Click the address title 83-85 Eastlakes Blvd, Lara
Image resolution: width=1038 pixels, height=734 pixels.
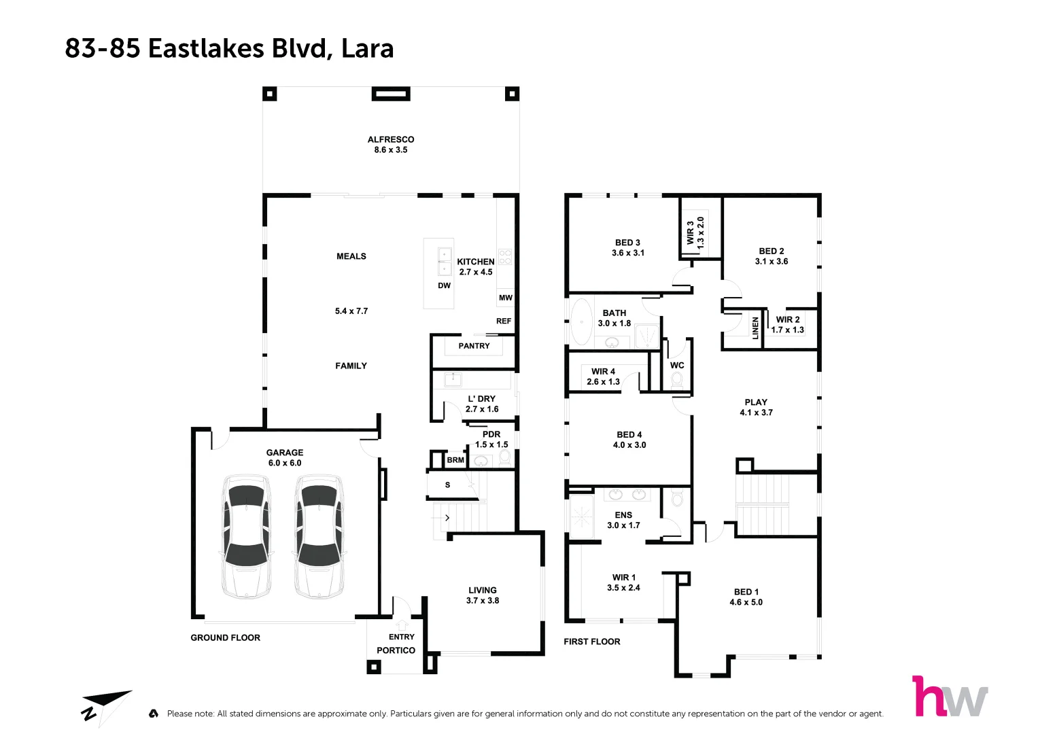[x=229, y=48]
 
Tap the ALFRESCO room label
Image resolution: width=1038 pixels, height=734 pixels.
[x=390, y=139]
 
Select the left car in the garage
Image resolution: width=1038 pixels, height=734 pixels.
[x=246, y=536]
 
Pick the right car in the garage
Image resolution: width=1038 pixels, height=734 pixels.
[x=318, y=536]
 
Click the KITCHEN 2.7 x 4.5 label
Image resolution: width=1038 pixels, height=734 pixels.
[x=475, y=266]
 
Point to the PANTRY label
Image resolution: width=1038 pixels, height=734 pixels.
[x=474, y=346]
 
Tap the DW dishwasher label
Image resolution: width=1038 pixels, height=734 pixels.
[x=444, y=285]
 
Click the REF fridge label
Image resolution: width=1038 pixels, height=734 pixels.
[x=503, y=321]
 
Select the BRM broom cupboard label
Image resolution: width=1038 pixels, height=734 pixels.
[x=455, y=460]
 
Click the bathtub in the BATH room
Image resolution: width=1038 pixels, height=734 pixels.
[x=581, y=322]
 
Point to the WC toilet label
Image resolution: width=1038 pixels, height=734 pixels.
[x=677, y=366]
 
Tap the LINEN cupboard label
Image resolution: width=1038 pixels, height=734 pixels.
[x=755, y=328]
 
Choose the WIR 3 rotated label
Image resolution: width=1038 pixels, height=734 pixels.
[x=695, y=232]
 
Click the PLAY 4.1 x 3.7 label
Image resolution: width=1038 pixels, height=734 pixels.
[x=756, y=407]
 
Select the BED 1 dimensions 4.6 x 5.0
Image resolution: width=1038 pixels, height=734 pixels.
[x=746, y=602]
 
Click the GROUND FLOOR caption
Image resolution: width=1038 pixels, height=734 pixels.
[x=225, y=637]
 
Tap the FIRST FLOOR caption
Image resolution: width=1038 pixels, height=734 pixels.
[x=591, y=642]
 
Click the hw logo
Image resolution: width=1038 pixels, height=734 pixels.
[x=950, y=697]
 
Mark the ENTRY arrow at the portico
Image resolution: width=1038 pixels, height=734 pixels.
[x=401, y=624]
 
